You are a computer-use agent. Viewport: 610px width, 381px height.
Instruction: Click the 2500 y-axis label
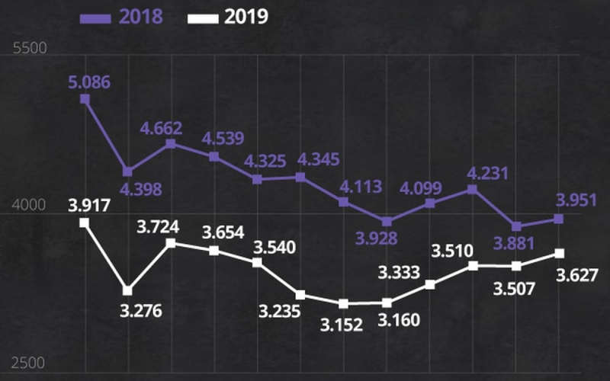(31, 363)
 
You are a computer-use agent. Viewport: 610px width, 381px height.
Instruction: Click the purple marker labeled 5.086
(85, 99)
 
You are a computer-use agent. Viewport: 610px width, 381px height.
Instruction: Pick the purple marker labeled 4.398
(127, 171)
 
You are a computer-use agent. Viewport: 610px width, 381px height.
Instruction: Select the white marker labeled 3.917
(85, 223)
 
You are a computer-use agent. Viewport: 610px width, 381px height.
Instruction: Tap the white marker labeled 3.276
(127, 290)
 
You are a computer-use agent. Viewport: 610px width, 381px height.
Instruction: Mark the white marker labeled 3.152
(343, 303)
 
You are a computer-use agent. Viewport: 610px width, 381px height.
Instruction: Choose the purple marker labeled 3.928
(387, 222)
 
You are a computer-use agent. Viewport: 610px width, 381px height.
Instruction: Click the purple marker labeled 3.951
(559, 219)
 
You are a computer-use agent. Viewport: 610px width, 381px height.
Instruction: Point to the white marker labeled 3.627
(559, 253)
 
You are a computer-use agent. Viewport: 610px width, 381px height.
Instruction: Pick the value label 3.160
(399, 319)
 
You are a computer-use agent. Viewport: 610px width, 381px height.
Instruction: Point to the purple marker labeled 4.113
(343, 202)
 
